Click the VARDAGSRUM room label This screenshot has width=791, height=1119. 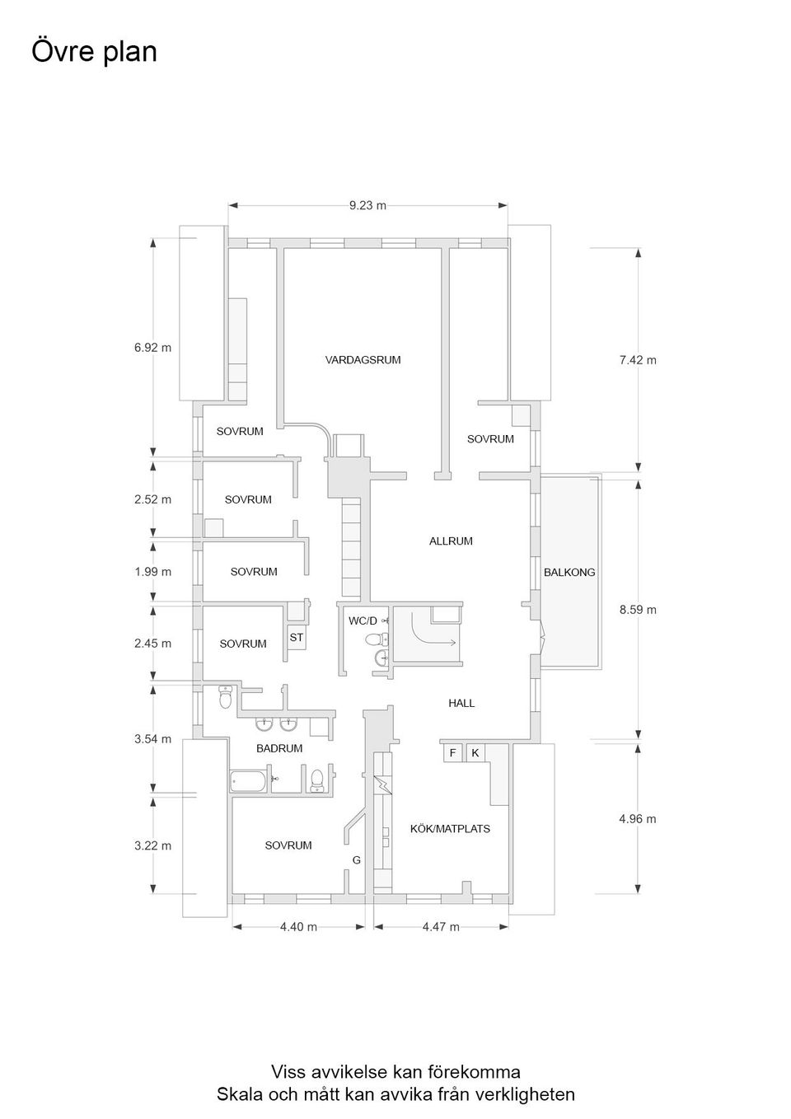click(x=363, y=359)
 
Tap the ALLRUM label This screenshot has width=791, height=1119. click(x=451, y=541)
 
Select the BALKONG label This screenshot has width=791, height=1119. click(x=569, y=573)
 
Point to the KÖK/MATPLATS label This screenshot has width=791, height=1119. click(x=450, y=829)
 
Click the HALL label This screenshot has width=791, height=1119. click(x=461, y=704)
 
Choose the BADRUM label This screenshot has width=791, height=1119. click(x=279, y=748)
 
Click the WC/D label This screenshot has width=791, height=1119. click(x=363, y=621)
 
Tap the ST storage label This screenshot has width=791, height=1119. click(x=296, y=638)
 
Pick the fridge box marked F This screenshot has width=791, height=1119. click(x=453, y=753)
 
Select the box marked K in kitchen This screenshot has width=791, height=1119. click(x=475, y=753)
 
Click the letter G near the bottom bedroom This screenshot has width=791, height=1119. click(x=357, y=860)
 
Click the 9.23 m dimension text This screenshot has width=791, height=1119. click(x=367, y=206)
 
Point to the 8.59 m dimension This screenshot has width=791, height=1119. click(x=638, y=610)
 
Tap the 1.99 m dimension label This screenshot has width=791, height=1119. click(x=152, y=572)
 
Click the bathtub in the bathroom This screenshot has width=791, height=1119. click(x=249, y=782)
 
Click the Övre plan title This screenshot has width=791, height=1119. click(x=95, y=51)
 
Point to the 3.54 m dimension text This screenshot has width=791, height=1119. click(x=152, y=739)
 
